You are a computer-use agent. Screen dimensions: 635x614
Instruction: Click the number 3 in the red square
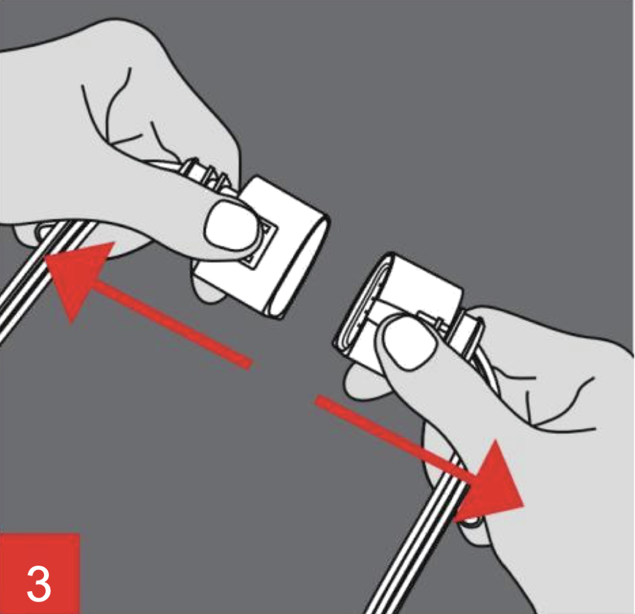coord(39,584)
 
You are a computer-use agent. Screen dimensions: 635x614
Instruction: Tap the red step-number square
coord(40,573)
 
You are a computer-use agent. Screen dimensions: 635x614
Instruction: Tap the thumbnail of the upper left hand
coord(233,226)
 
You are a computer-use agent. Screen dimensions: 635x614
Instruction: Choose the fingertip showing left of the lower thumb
coord(360,380)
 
